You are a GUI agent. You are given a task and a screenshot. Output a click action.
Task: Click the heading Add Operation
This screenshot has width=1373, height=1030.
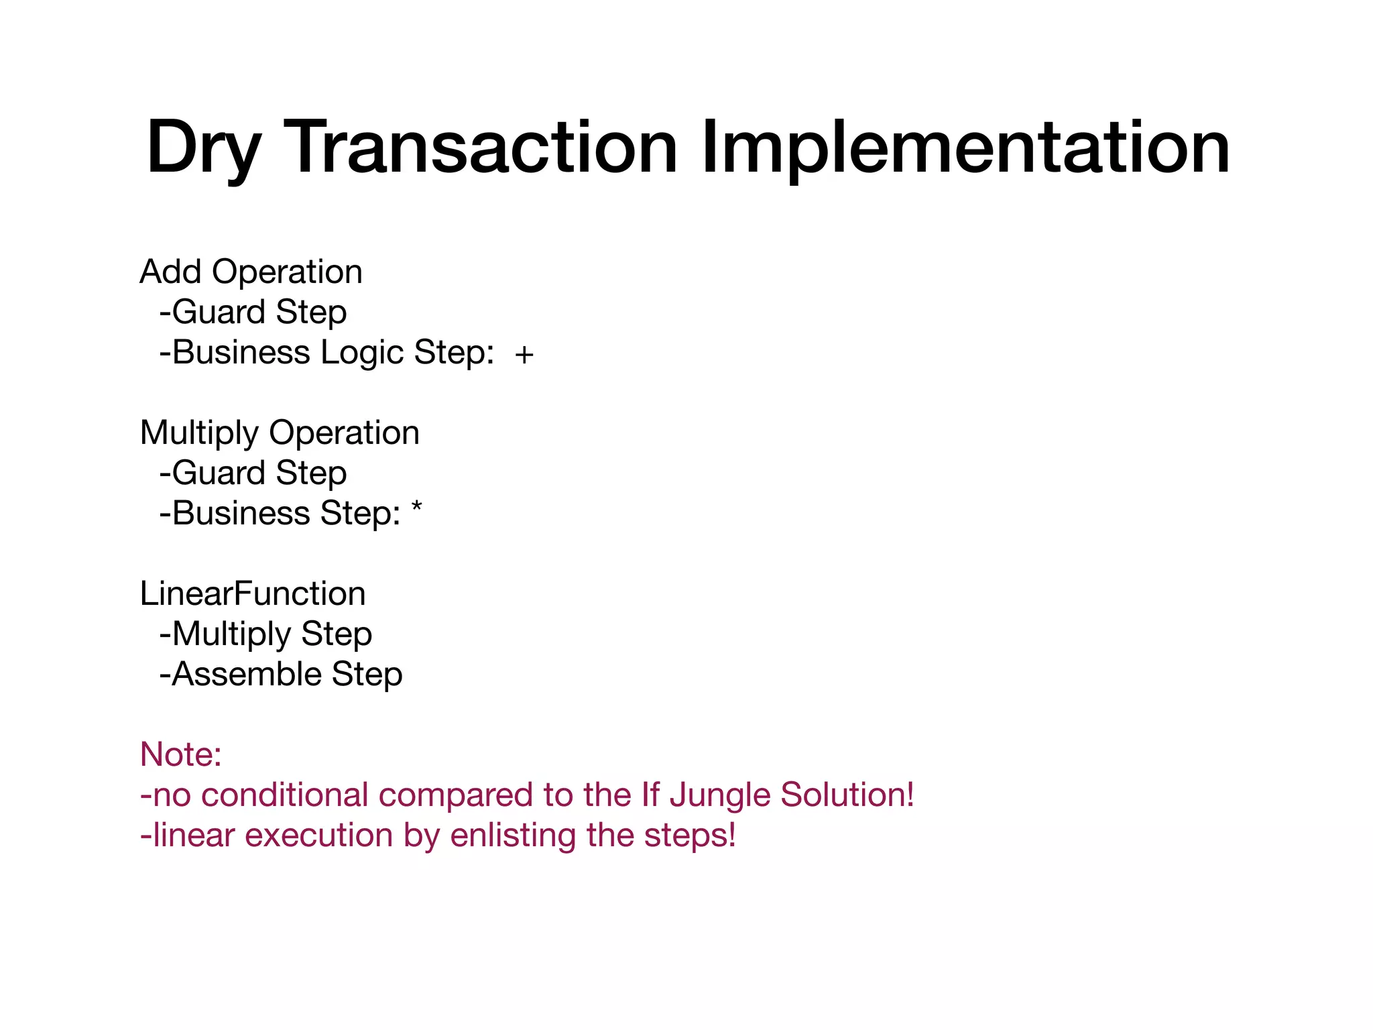click(x=251, y=272)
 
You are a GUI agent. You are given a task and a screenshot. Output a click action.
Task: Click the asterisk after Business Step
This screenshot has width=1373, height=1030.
click(x=417, y=509)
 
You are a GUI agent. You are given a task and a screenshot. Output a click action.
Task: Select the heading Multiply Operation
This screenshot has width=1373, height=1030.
click(x=280, y=433)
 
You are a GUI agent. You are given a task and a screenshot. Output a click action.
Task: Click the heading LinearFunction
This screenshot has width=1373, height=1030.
click(x=253, y=594)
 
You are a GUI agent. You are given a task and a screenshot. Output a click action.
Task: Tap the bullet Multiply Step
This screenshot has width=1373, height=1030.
click(x=265, y=634)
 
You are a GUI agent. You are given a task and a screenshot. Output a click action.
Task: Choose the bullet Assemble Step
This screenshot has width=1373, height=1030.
click(x=281, y=675)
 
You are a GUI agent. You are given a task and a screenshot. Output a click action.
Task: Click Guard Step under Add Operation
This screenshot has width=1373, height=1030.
click(x=253, y=312)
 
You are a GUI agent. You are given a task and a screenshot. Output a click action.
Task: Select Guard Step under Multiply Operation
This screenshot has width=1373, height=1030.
click(x=253, y=473)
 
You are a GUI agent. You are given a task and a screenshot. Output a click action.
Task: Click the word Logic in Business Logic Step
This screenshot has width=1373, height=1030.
click(x=362, y=354)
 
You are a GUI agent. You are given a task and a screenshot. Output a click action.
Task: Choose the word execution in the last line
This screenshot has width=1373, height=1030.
click(x=319, y=836)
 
